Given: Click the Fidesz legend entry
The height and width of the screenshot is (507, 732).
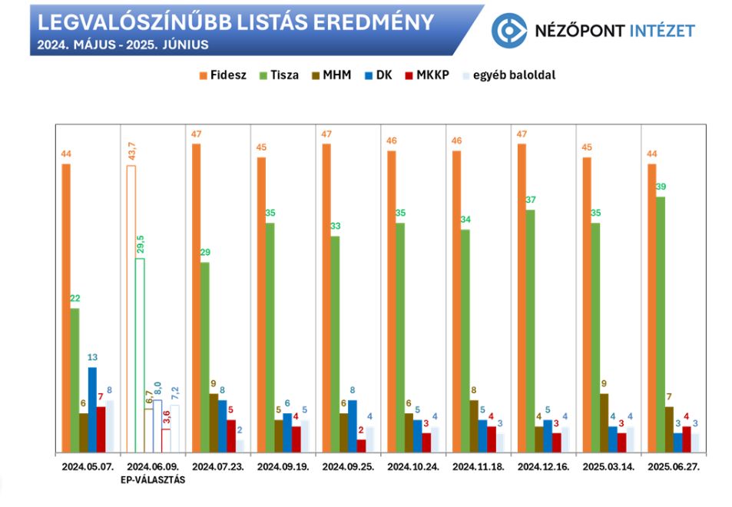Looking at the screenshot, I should tap(224, 75).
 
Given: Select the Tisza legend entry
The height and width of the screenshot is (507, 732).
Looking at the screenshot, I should tap(282, 75).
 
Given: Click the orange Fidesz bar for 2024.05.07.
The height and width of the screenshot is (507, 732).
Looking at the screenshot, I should tap(66, 307).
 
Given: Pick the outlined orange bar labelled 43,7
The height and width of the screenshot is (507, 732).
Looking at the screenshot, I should tap(131, 307).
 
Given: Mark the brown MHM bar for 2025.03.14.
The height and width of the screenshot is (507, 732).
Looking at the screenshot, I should tap(604, 422).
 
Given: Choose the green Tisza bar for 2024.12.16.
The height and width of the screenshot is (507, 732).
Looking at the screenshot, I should tap(531, 330).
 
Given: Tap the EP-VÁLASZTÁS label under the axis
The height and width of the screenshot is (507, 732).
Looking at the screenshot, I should tap(151, 480).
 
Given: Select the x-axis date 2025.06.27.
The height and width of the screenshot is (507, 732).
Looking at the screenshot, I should tap(674, 467).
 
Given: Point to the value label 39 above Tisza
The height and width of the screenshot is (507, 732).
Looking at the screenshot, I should tap(661, 187).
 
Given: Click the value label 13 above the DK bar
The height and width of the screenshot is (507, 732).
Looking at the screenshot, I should tap(92, 358).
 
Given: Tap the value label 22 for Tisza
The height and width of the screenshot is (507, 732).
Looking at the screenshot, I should tap(75, 299).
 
